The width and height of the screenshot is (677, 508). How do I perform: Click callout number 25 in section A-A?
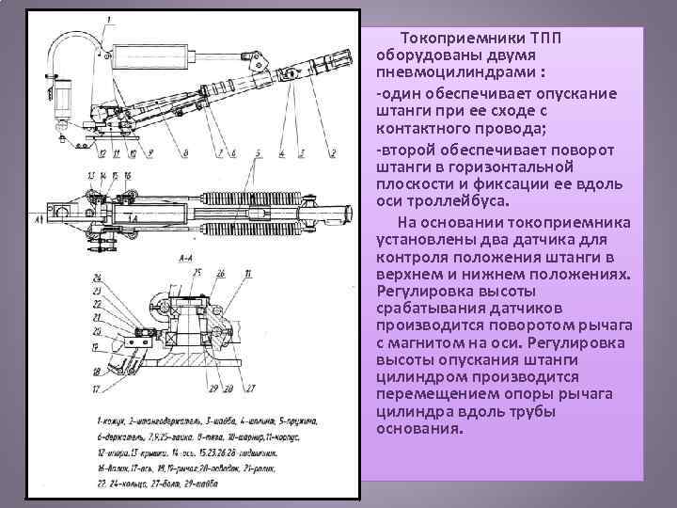pyautogui.click(x=197, y=272)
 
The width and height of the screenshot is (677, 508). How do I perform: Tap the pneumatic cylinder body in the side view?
pyautogui.click(x=152, y=55)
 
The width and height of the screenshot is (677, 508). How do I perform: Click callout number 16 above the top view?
pyautogui.click(x=127, y=176)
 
